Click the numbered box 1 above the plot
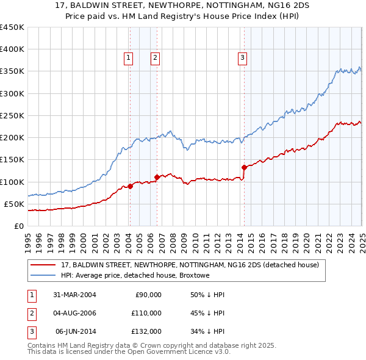click(x=129, y=58)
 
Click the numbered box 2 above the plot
click(x=156, y=58)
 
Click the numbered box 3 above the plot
click(x=242, y=58)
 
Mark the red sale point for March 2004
click(x=130, y=186)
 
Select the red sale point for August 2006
click(x=157, y=177)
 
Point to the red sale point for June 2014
click(x=244, y=167)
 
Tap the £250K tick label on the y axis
click(x=12, y=115)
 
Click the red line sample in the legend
click(x=43, y=265)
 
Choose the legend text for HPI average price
click(x=135, y=275)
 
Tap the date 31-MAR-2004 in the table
click(x=74, y=295)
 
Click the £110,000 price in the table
click(x=147, y=313)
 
